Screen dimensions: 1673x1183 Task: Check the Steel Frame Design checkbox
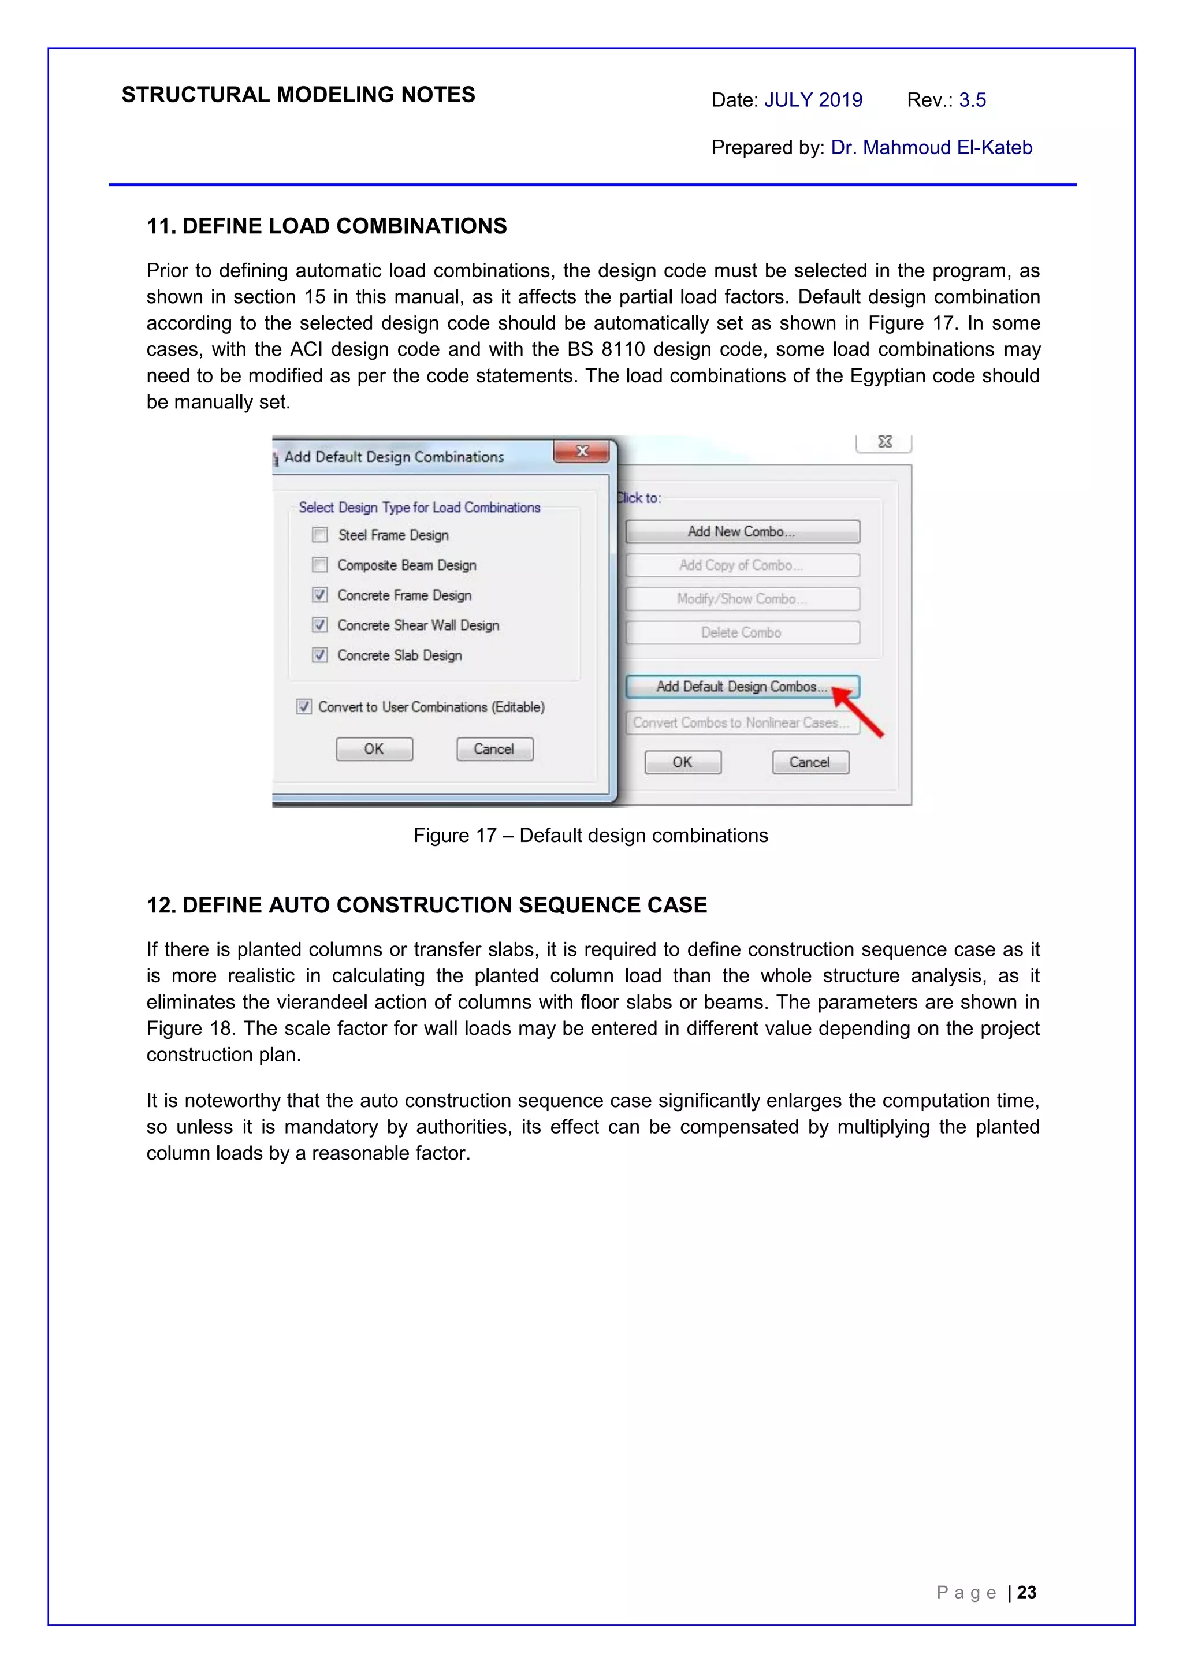(x=320, y=535)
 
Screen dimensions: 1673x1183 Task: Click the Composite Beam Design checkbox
(x=320, y=565)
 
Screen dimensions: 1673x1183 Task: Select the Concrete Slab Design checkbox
(x=320, y=654)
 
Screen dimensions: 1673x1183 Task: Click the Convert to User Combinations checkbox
(x=304, y=706)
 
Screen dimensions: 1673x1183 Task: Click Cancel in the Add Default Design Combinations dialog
(x=494, y=749)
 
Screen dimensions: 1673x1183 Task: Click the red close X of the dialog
(x=582, y=451)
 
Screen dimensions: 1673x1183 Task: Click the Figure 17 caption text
(x=590, y=835)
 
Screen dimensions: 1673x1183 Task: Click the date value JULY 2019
(x=813, y=100)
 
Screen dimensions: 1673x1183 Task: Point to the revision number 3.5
(x=972, y=100)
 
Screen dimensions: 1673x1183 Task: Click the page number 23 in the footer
(x=1026, y=1592)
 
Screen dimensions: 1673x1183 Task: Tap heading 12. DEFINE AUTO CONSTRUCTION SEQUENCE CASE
(x=426, y=905)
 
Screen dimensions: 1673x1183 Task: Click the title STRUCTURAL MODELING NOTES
(x=298, y=95)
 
